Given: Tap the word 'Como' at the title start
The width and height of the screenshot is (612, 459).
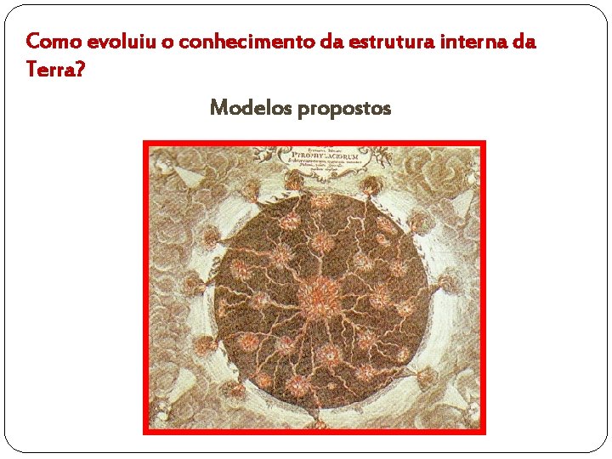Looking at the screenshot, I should click(46, 41).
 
